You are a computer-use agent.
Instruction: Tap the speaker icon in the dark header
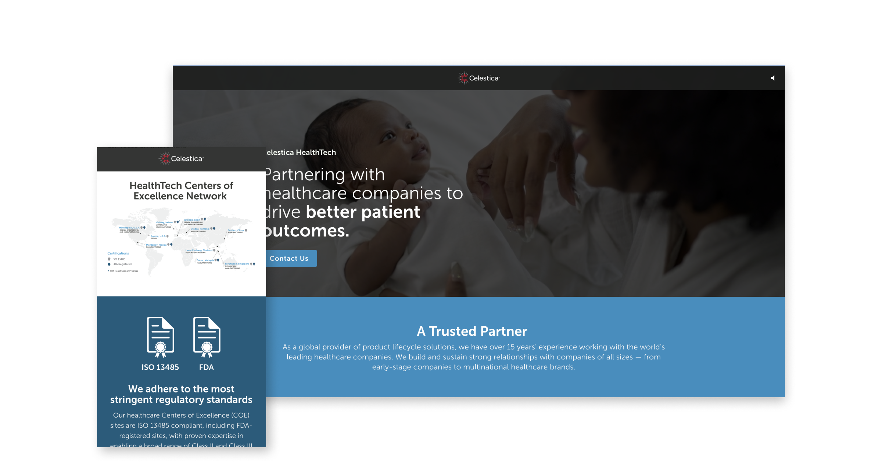tap(773, 78)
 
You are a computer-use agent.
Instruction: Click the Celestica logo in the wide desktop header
tap(479, 78)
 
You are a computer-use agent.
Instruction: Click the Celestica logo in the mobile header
tap(182, 159)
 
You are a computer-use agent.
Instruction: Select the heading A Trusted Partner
tap(472, 331)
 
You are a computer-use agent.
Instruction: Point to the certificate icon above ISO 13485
tap(160, 337)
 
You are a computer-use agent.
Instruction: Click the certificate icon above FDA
tap(207, 337)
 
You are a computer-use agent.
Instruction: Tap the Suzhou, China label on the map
tap(236, 230)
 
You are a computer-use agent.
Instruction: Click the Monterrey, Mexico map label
tap(156, 245)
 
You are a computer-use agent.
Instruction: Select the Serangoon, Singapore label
tap(237, 264)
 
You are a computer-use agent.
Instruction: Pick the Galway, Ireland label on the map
tap(164, 223)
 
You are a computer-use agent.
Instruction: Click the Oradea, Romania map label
tap(200, 229)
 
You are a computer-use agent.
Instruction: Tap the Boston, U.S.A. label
tap(158, 236)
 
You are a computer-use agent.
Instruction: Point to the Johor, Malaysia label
tap(205, 260)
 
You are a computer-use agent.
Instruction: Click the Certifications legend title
tap(118, 253)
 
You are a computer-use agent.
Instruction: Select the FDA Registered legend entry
tap(122, 264)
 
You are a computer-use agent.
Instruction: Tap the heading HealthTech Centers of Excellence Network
tap(181, 191)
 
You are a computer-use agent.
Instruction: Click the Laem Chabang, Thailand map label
tap(199, 250)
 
